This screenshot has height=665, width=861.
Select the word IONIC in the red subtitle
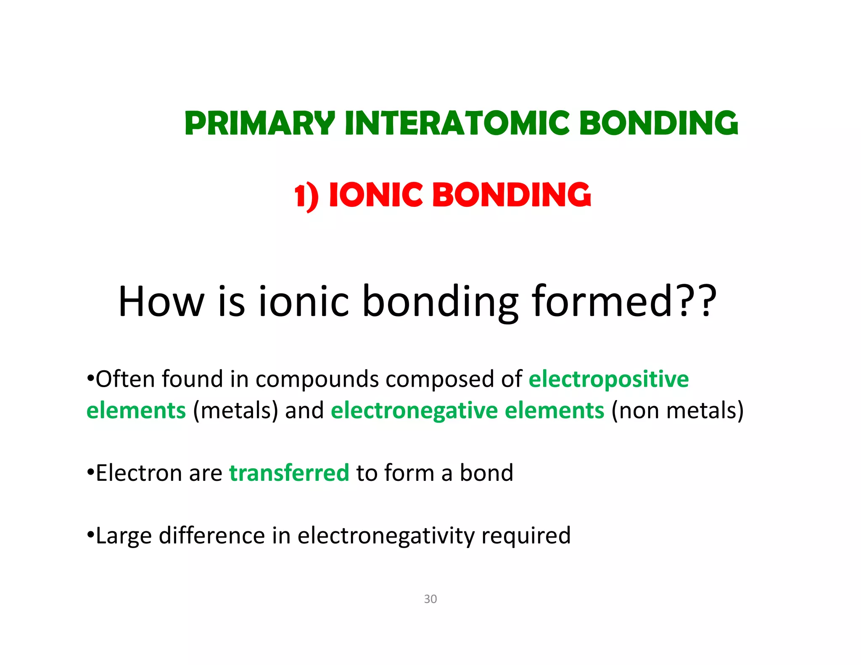[375, 195]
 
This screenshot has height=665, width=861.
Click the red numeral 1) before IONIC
[306, 197]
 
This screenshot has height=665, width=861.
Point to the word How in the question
[161, 301]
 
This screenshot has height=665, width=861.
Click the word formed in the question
[602, 301]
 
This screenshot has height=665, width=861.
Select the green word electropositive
[608, 379]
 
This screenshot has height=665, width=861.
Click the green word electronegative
[414, 411]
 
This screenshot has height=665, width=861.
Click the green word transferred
[289, 473]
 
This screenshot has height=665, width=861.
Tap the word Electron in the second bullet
[139, 473]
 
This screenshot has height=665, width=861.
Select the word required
[526, 536]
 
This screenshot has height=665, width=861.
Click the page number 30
[430, 599]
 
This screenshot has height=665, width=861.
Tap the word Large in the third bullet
[124, 536]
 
